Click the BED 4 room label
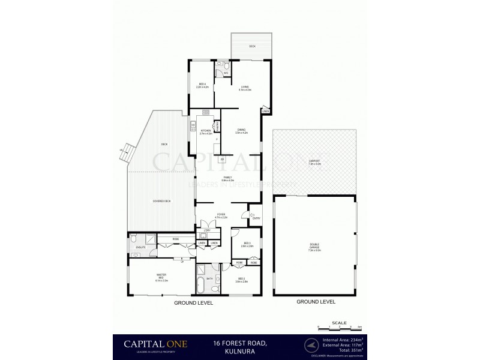[x=202, y=85]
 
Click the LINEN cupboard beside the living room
[x=265, y=110]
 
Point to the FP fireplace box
[x=222, y=160]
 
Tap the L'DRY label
[x=206, y=230]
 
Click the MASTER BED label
[x=161, y=278]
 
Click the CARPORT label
[x=314, y=162]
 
